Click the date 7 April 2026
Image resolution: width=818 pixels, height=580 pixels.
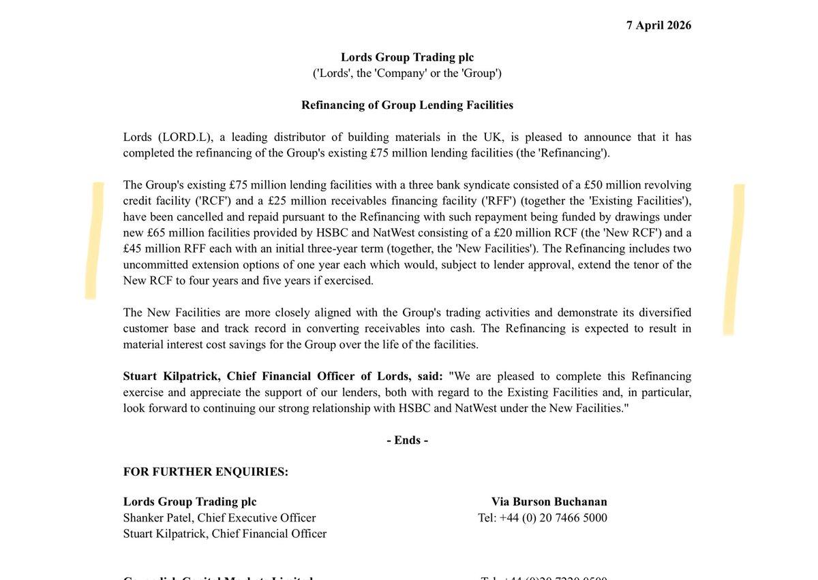[x=658, y=26]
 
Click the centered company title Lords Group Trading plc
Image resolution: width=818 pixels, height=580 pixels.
[x=407, y=57]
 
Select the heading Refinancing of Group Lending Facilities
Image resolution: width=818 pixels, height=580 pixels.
[x=407, y=105]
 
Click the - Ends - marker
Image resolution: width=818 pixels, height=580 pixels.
[x=407, y=440]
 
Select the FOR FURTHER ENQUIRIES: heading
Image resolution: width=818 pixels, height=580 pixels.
[x=205, y=472]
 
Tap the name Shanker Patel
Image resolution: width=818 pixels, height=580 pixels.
[x=157, y=518]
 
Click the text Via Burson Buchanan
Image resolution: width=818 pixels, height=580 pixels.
[x=549, y=502]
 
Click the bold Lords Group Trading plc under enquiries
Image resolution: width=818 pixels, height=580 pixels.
[x=190, y=502]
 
